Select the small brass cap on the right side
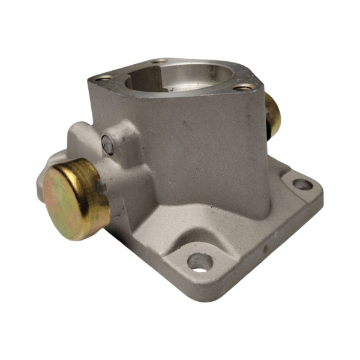pyautogui.click(x=273, y=115)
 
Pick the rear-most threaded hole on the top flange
pyautogui.click(x=159, y=61)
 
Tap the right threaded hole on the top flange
pyautogui.click(x=242, y=87)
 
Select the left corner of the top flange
pyautogui.click(x=90, y=78)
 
